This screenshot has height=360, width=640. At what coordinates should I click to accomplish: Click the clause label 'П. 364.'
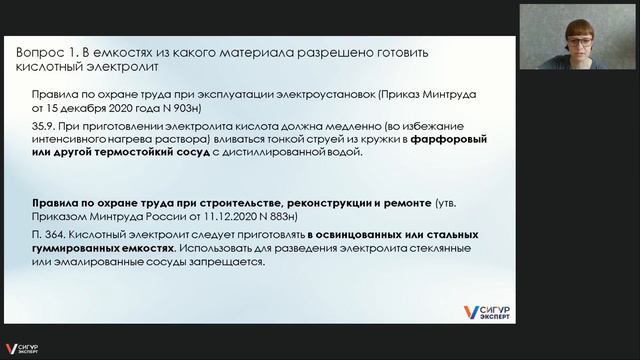[51, 234]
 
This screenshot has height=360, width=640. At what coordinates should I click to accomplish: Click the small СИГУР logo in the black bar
[23, 351]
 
